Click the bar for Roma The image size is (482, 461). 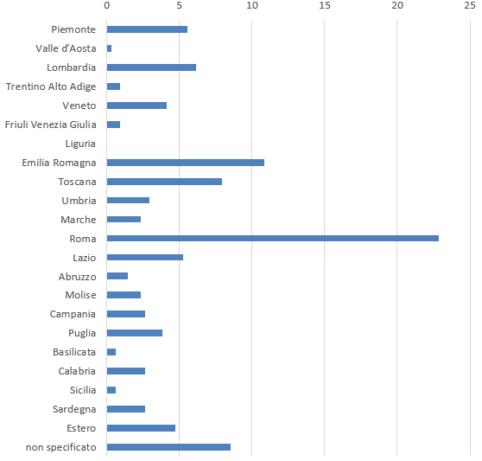point(273,238)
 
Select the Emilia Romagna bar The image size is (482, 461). point(186,163)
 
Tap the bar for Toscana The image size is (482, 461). point(164,182)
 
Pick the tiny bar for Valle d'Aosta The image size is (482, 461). point(109,48)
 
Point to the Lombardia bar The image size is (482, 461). point(151,67)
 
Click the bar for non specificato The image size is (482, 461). point(168,447)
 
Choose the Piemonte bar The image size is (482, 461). point(147,29)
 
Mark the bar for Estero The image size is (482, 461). point(141,428)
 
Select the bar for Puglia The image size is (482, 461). point(135,333)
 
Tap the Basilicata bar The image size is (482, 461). point(111,352)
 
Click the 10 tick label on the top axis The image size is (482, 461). point(252,5)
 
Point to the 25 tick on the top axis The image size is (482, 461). point(470,5)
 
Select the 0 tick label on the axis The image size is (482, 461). point(106,5)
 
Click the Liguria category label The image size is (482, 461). point(80,144)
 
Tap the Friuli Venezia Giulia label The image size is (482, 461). point(51,125)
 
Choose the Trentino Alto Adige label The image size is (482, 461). point(51,86)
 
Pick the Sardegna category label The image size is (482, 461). point(74,409)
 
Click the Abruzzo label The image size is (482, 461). point(78,277)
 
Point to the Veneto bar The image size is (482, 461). point(136,106)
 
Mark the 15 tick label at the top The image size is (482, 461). point(325,5)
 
